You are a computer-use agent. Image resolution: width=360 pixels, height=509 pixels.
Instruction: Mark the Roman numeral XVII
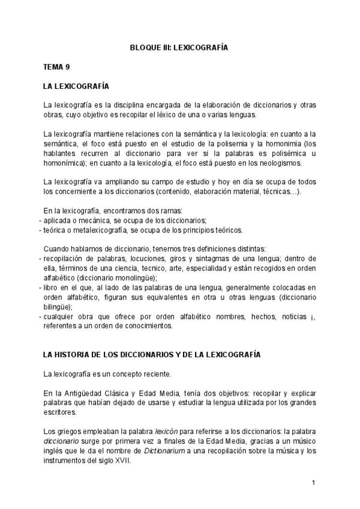pos(123,461)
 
